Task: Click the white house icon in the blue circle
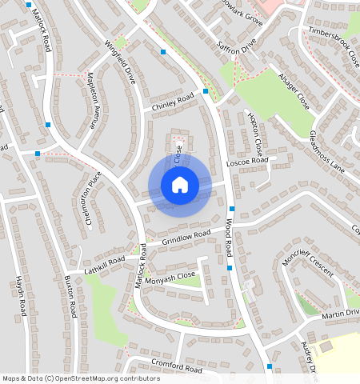(x=180, y=185)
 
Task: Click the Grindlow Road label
(x=186, y=238)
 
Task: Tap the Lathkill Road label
(x=106, y=261)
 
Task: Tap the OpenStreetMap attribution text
(x=80, y=378)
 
